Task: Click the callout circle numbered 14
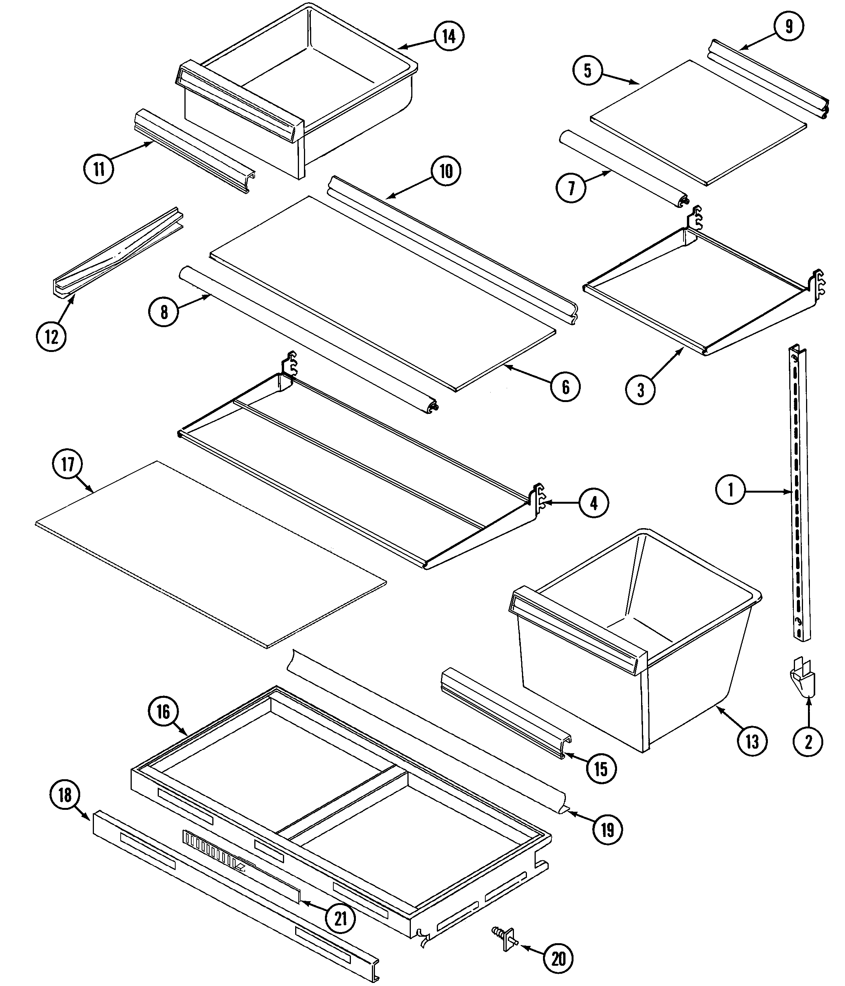(x=449, y=36)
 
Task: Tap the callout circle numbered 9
(x=789, y=27)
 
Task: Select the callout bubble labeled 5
(x=588, y=71)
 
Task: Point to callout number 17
(x=68, y=464)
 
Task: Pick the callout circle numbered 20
(x=558, y=959)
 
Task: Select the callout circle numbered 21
(x=341, y=919)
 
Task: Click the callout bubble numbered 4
(x=594, y=503)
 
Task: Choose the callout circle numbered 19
(x=608, y=830)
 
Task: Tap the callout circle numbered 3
(x=640, y=390)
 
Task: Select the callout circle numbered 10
(x=446, y=171)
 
